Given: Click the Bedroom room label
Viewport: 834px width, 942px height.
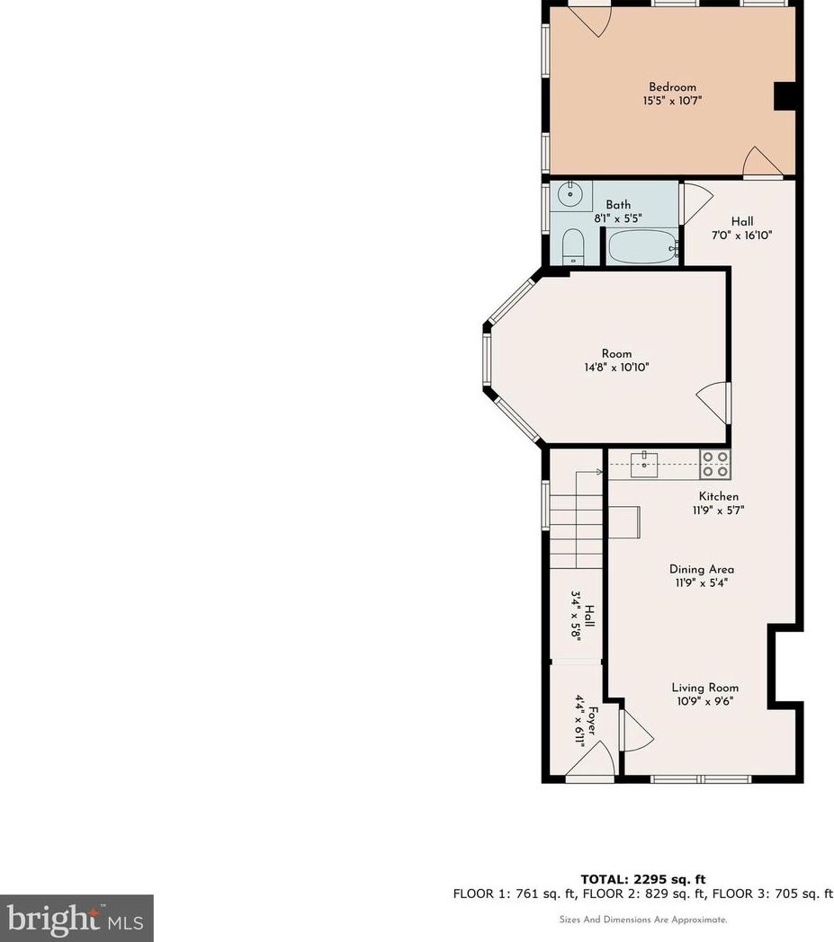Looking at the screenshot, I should coord(672,87).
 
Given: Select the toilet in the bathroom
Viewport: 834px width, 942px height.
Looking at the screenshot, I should coord(572,247).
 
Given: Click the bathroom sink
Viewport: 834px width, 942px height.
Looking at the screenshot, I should coord(569,193).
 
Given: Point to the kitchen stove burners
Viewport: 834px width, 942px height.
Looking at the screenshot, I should coord(715,464).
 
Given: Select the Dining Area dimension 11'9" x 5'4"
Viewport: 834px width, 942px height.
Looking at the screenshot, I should coord(701,582).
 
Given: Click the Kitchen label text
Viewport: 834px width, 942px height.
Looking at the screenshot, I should coord(719,496).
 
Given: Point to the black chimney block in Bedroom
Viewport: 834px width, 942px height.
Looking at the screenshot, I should coord(785,96).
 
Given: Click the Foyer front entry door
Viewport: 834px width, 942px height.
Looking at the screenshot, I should coord(592,763).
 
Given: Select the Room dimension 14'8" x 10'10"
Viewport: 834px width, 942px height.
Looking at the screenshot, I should coord(616,367).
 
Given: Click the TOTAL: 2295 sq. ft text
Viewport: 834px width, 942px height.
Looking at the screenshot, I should coord(643,879).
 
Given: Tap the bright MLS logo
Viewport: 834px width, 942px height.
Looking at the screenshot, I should coord(76,918).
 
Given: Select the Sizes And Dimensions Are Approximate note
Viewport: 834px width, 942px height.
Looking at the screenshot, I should coord(642,920).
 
